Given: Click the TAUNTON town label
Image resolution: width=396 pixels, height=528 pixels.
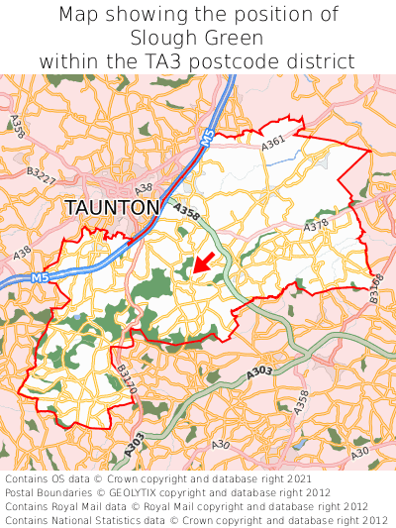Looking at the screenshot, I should (x=112, y=207).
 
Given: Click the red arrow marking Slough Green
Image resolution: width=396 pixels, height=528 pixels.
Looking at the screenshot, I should (x=202, y=263).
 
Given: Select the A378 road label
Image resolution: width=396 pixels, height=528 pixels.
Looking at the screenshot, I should (x=316, y=227).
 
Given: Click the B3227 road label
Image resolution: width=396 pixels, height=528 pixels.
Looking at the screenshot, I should (x=41, y=177).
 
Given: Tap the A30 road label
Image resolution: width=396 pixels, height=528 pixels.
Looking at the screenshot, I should (x=359, y=453).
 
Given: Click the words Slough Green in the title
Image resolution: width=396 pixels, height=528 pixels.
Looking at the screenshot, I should (x=197, y=38).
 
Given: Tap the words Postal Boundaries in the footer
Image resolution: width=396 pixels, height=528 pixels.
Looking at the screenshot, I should (x=49, y=492).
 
